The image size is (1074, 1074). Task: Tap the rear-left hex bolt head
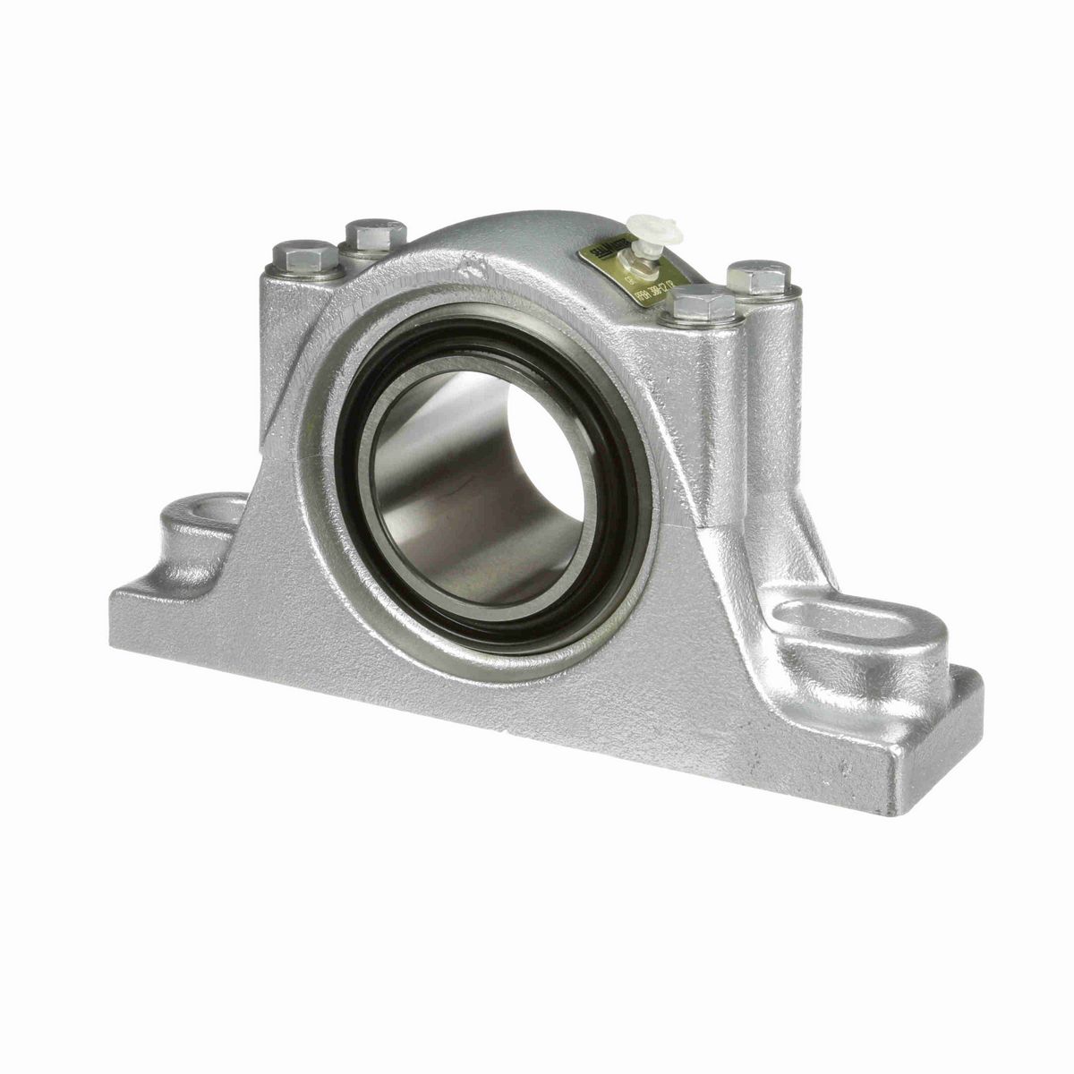click(375, 234)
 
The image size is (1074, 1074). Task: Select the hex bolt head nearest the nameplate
click(704, 304)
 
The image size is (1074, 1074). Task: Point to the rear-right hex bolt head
click(759, 277)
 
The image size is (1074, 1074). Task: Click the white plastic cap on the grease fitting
click(654, 230)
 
